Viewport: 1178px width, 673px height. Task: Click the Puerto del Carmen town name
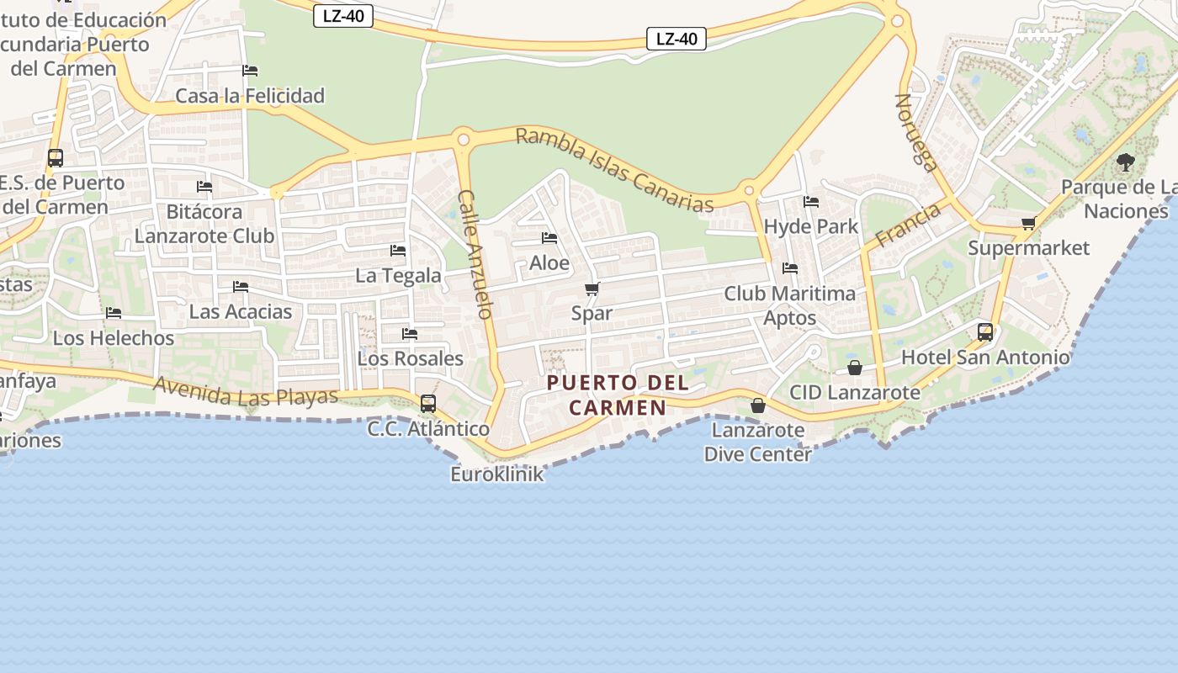618,395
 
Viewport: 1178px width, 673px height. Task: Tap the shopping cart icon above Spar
592,289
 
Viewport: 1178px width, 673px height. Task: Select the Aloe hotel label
549,263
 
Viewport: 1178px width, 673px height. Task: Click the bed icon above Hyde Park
811,202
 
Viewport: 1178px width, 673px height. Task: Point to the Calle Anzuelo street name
474,254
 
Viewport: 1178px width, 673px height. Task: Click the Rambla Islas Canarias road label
614,169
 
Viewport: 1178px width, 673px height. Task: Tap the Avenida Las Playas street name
246,391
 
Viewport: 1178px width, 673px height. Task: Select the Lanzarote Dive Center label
757,442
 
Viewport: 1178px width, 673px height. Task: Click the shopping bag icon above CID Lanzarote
855,368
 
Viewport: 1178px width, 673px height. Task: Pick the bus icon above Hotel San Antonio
985,332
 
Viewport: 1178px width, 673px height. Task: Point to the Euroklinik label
497,474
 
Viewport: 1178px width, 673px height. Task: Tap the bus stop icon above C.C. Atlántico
428,404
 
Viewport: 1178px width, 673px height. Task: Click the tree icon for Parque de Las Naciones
1125,162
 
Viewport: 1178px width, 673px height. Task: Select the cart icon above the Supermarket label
1028,224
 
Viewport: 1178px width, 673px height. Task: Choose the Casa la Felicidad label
250,96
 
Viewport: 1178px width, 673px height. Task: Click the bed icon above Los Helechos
114,313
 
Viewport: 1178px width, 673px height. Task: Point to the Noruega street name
916,132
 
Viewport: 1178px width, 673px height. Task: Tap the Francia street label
908,225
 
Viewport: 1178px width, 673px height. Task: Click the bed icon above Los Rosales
410,334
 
